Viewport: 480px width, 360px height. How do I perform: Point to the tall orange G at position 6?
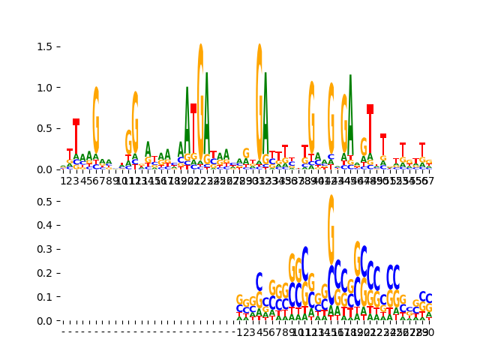click(x=96, y=120)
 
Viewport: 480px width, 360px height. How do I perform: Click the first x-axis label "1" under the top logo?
click(x=63, y=181)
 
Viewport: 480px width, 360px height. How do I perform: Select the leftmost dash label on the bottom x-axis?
click(x=63, y=331)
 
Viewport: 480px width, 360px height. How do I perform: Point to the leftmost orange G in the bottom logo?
click(x=239, y=300)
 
